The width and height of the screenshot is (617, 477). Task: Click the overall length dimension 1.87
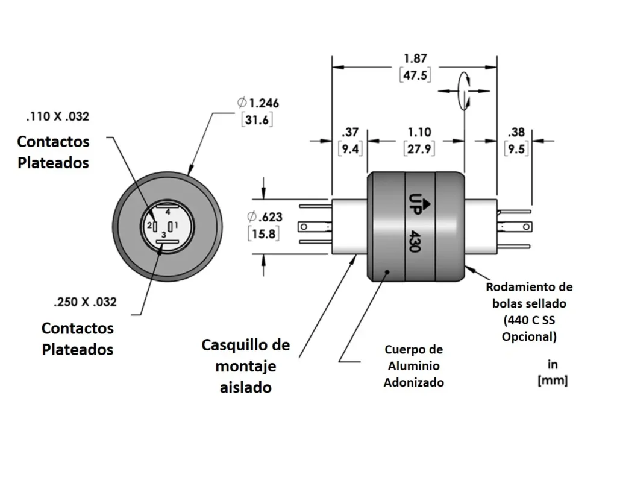415,58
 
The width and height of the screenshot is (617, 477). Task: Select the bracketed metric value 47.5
415,75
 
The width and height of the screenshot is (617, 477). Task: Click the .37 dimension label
350,132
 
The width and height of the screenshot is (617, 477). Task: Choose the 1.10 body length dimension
419,132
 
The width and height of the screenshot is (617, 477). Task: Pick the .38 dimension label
516,132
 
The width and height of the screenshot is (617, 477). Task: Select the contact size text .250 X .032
85,302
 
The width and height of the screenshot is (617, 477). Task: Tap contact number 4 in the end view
168,212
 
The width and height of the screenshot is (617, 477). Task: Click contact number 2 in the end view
149,226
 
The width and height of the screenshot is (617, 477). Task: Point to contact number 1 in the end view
176,226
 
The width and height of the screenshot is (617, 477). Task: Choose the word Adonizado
413,382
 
